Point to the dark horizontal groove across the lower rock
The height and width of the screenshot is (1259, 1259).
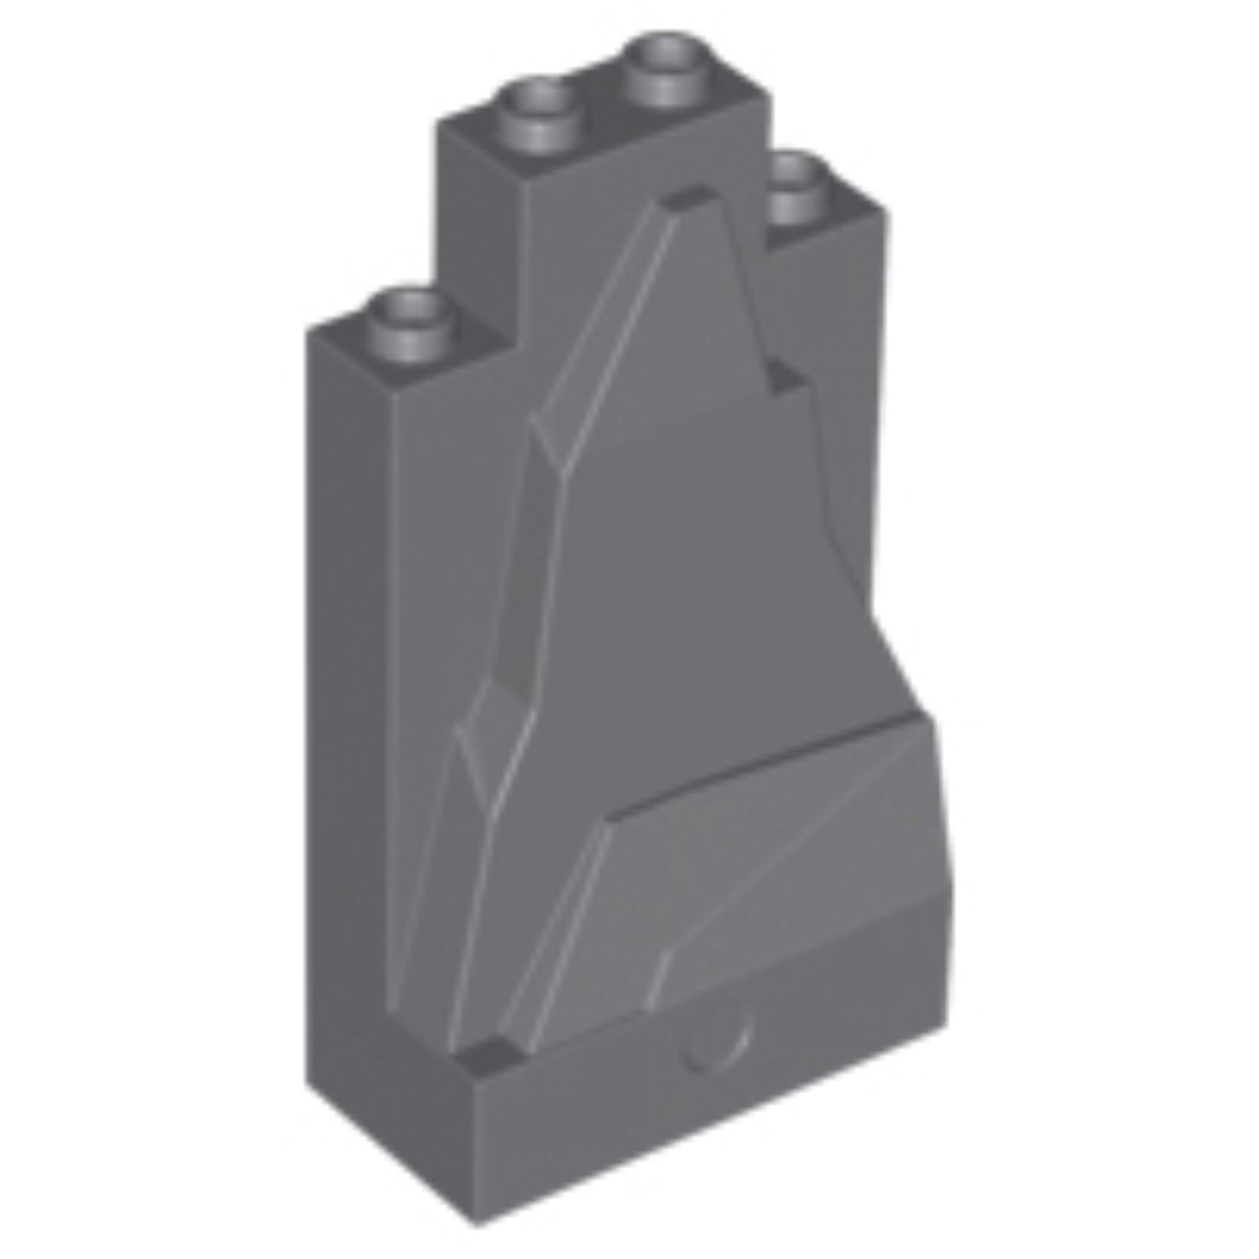755,764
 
